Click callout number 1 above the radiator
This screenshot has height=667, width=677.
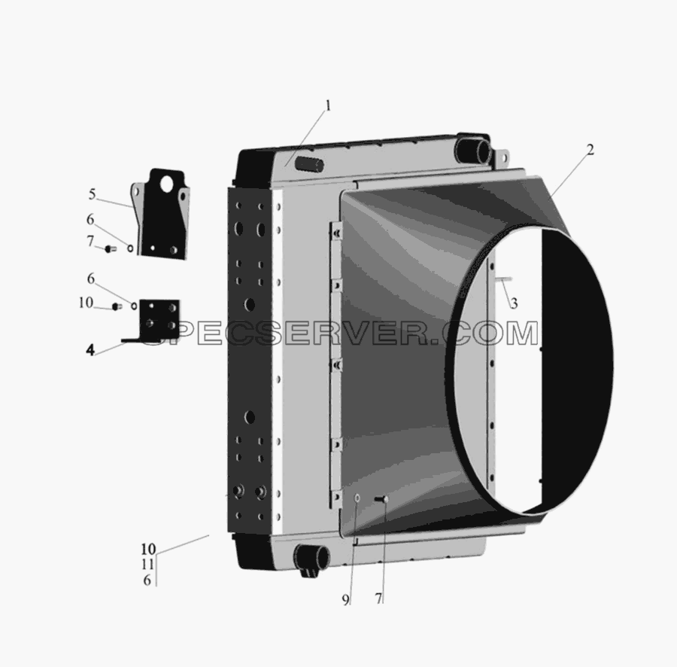click(x=328, y=106)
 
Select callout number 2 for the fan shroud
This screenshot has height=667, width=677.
click(x=590, y=150)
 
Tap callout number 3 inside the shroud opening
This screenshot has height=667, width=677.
click(x=514, y=303)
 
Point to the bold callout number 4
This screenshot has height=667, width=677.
click(x=90, y=349)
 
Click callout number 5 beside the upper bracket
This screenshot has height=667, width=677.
click(x=92, y=194)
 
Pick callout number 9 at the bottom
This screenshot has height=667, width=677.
click(x=345, y=600)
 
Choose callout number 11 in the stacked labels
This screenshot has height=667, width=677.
click(x=147, y=564)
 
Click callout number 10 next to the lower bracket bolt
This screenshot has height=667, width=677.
click(x=86, y=303)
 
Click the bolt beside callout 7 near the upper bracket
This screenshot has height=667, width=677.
click(x=111, y=249)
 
